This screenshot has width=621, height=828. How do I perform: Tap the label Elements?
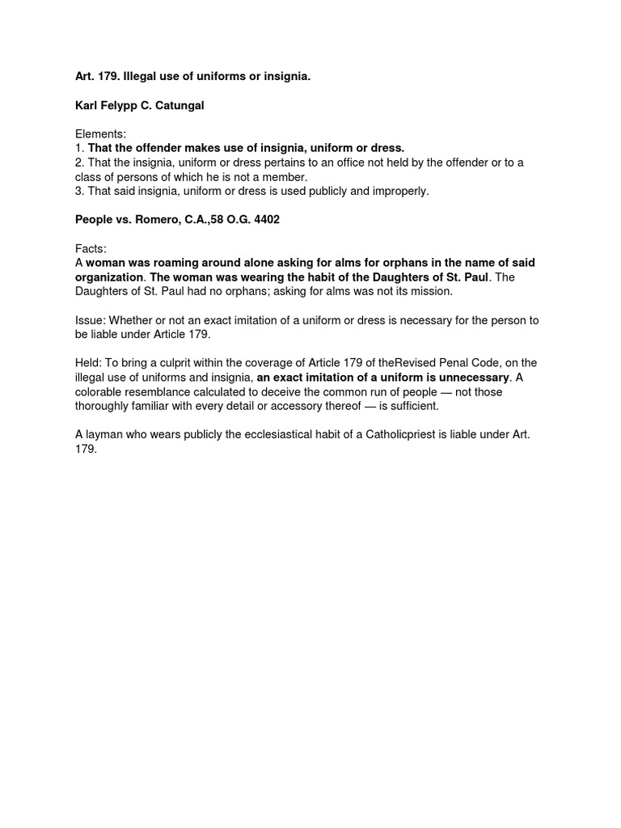(101, 134)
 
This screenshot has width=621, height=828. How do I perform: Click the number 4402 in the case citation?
(264, 220)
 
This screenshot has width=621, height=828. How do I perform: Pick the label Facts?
(91, 249)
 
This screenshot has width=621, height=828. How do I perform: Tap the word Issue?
(91, 320)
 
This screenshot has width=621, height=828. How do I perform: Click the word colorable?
(101, 392)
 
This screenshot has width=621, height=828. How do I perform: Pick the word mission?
(432, 291)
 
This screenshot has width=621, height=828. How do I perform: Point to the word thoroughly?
(106, 406)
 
